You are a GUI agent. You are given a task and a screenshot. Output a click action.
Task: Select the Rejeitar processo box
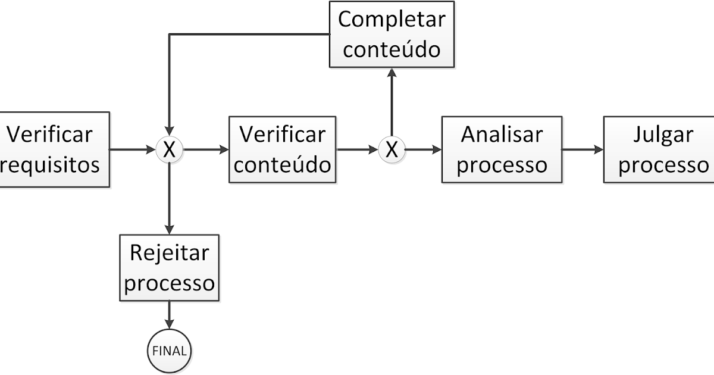(170, 268)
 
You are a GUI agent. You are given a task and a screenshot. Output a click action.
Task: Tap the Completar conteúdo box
(391, 34)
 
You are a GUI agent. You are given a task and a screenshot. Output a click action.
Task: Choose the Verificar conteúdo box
(282, 149)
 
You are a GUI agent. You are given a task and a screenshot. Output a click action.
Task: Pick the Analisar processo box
(502, 149)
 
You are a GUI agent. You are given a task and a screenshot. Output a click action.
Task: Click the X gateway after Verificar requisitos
(170, 150)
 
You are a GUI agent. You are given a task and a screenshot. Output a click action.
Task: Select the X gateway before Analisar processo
(391, 150)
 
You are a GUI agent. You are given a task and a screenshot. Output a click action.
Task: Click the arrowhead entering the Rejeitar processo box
(170, 230)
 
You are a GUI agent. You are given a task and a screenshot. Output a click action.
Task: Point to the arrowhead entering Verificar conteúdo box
(223, 150)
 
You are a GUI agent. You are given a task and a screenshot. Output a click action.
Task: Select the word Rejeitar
(170, 253)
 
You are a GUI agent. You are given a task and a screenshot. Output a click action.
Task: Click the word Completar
(391, 19)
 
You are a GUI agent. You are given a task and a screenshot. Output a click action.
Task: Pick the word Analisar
(502, 135)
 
